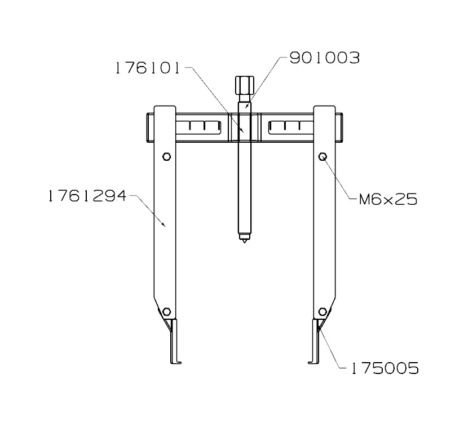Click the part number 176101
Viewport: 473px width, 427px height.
click(147, 69)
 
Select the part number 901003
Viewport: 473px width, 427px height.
click(324, 58)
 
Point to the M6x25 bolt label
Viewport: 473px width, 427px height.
click(388, 199)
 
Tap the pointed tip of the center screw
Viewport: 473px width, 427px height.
click(244, 239)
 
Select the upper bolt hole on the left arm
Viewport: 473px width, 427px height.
click(166, 157)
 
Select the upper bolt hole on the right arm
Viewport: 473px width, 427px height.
click(323, 157)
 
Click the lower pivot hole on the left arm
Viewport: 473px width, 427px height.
click(166, 312)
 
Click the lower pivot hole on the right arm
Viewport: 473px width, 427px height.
click(322, 312)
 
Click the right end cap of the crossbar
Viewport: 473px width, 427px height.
click(340, 127)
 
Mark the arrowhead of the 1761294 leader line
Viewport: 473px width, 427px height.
click(165, 226)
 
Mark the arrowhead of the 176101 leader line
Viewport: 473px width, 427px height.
click(242, 130)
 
